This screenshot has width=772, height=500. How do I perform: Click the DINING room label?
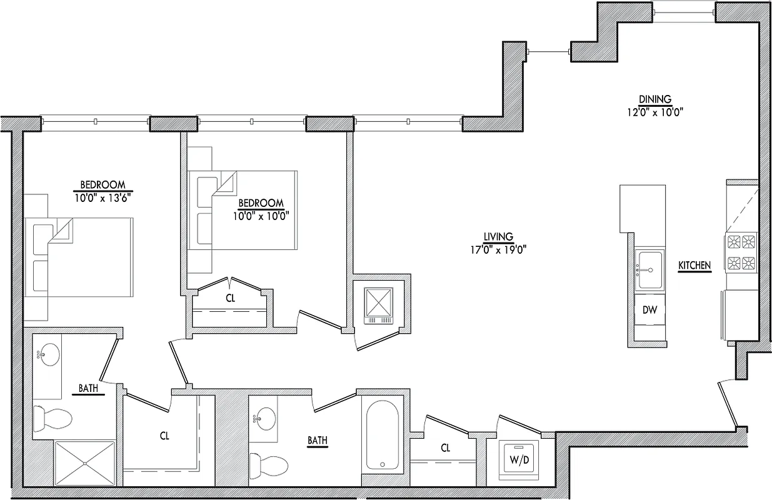[x=654, y=99]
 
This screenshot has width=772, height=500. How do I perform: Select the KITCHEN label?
[x=694, y=266]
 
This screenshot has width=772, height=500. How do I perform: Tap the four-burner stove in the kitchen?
[x=741, y=251]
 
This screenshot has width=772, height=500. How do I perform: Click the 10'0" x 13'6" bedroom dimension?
[x=103, y=197]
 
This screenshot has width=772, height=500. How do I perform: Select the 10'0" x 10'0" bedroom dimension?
[x=261, y=216]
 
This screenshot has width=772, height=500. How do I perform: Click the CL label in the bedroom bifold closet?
[x=230, y=299]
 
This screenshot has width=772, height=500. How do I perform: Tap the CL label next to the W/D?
[x=445, y=448]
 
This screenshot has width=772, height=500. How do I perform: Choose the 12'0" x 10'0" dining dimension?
[x=654, y=112]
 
